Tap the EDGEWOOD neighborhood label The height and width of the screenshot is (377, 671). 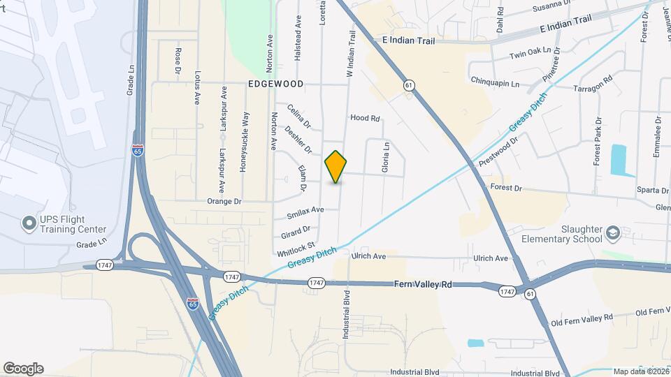tap(275, 84)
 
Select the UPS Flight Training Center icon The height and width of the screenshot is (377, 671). tap(29, 223)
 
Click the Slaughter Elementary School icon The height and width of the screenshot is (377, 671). tap(613, 232)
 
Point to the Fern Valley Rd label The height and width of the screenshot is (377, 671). tap(424, 285)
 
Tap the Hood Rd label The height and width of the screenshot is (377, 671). tap(365, 119)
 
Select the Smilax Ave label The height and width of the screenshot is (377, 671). tap(305, 209)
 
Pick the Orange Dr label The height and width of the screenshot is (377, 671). tap(224, 201)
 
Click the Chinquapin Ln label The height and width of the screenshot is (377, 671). tap(496, 82)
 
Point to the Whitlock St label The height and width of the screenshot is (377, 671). tap(296, 249)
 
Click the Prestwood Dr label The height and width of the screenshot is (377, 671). tap(498, 151)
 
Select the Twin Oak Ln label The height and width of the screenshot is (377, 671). tap(526, 54)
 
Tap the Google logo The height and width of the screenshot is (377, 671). tap(24, 368)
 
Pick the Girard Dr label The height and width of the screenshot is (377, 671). tap(296, 230)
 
